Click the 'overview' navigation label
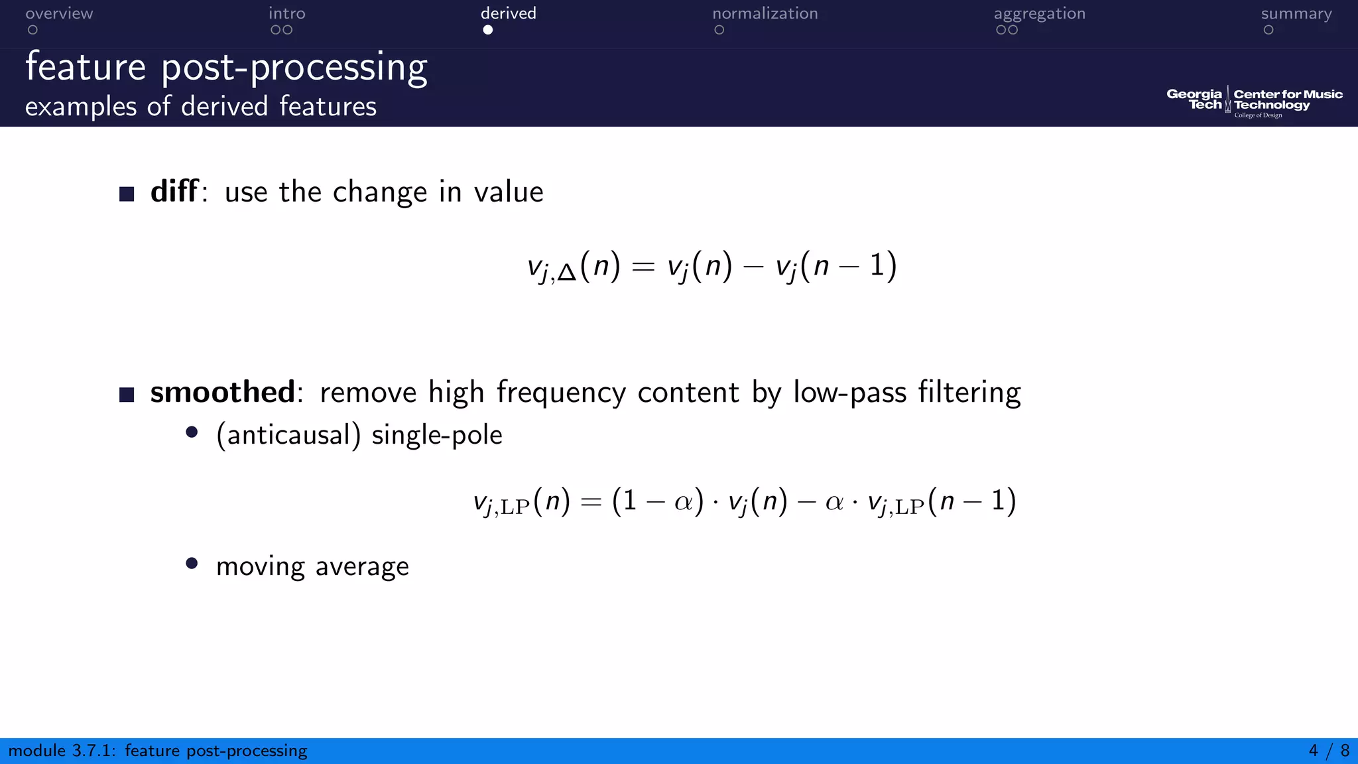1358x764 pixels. pyautogui.click(x=59, y=14)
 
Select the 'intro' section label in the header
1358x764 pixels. pyautogui.click(x=286, y=14)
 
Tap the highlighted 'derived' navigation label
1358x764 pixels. pyautogui.click(x=508, y=14)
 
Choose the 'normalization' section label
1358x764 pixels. pyautogui.click(x=765, y=14)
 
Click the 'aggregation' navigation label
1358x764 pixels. pyautogui.click(x=1039, y=14)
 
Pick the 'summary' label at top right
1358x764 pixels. pyautogui.click(x=1296, y=14)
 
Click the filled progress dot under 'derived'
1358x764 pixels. pyautogui.click(x=488, y=30)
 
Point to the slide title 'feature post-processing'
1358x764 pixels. pyautogui.click(x=226, y=68)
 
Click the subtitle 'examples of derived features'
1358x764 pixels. pyautogui.click(x=200, y=107)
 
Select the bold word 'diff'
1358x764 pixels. pyautogui.click(x=174, y=192)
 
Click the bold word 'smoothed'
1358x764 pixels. pyautogui.click(x=222, y=392)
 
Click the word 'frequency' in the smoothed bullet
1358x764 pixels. pyautogui.click(x=561, y=392)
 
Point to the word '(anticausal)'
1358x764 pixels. pyautogui.click(x=288, y=435)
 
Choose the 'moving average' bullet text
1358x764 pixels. pyautogui.click(x=312, y=566)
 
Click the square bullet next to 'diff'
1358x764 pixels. pyautogui.click(x=127, y=194)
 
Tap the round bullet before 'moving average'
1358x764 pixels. pyautogui.click(x=192, y=564)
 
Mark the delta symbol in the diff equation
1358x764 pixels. pyautogui.click(x=567, y=273)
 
